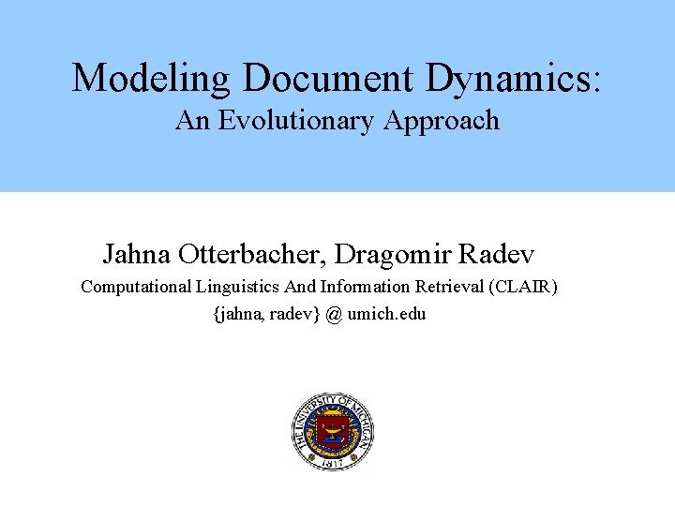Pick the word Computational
[135, 287]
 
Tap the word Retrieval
[454, 287]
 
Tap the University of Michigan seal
[333, 432]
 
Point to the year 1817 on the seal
[333, 462]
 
